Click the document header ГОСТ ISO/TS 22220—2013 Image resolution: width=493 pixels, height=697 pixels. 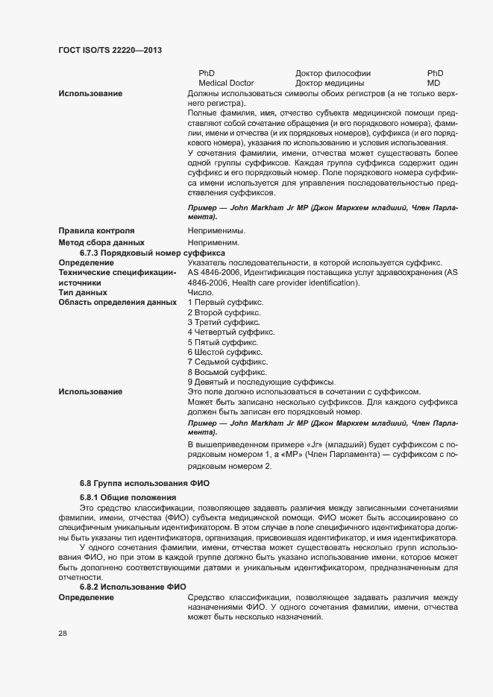coord(110,50)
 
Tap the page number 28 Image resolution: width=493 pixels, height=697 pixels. coord(63,634)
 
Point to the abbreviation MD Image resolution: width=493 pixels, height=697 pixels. coord(433,83)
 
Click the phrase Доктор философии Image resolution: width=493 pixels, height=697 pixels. coord(333,73)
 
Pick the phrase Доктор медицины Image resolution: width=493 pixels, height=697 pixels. coord(330,83)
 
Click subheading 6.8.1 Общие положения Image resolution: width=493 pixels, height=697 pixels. coord(128,496)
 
